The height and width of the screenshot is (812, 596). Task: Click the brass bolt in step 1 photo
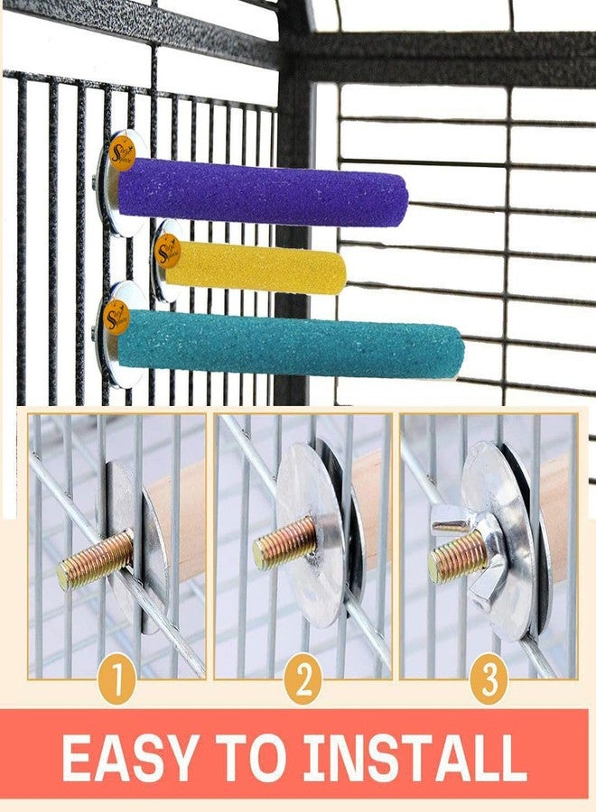(95, 559)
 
